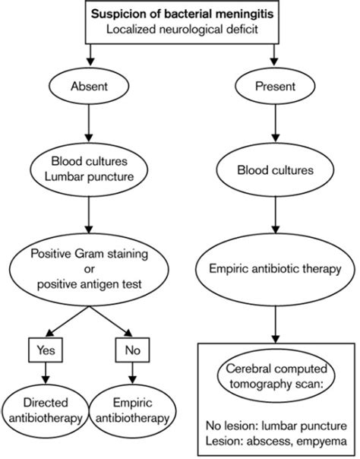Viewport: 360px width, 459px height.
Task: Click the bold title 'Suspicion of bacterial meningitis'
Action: point(180,14)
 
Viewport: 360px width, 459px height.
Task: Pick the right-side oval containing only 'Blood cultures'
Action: point(270,169)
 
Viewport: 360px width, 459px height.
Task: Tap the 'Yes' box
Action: point(46,352)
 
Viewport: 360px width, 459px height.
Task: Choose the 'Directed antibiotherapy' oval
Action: point(46,410)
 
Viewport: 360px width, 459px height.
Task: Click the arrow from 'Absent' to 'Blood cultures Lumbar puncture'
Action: point(90,130)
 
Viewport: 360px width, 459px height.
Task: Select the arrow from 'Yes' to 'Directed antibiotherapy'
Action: point(46,375)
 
